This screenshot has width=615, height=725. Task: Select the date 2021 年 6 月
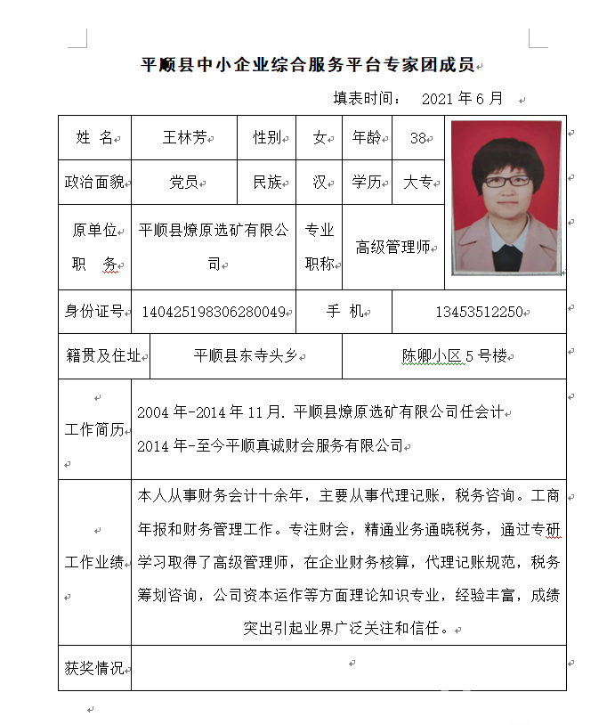pyautogui.click(x=462, y=98)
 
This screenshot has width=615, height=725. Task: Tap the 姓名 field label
pyautogui.click(x=94, y=137)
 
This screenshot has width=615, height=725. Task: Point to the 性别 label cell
pyautogui.click(x=267, y=137)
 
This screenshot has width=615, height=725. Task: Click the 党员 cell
pyautogui.click(x=184, y=183)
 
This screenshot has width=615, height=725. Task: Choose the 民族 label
pyautogui.click(x=267, y=183)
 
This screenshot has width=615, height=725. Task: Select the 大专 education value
pyautogui.click(x=417, y=183)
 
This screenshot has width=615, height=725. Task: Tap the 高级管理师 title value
pyautogui.click(x=392, y=248)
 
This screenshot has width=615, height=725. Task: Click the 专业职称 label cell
pyautogui.click(x=320, y=247)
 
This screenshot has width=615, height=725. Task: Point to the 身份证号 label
pyautogui.click(x=94, y=312)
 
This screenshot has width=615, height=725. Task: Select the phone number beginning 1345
pyautogui.click(x=479, y=313)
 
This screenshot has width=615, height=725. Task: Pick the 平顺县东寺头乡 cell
pyautogui.click(x=245, y=356)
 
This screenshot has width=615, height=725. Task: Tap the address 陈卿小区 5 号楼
pyautogui.click(x=454, y=356)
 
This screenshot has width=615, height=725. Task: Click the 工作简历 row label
pyautogui.click(x=94, y=429)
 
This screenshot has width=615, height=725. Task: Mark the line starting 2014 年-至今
pyautogui.click(x=270, y=446)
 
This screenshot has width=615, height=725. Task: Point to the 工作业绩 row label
pyautogui.click(x=94, y=562)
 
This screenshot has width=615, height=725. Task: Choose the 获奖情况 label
pyautogui.click(x=94, y=668)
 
